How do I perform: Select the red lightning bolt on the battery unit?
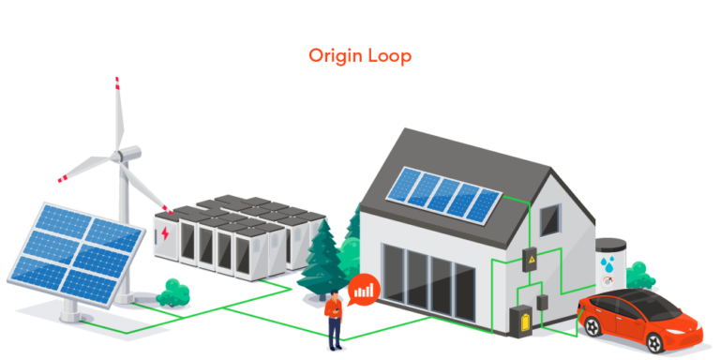(x=165, y=232)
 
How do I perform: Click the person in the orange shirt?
(x=333, y=315)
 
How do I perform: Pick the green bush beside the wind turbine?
(x=173, y=294)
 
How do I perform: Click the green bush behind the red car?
(x=640, y=276)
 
